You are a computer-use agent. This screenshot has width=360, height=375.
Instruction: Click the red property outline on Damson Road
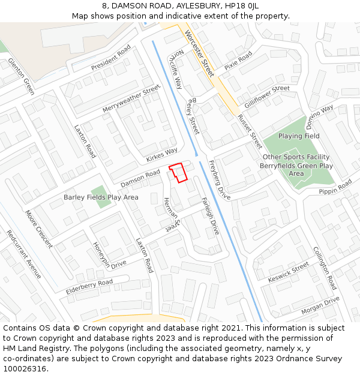click(x=178, y=172)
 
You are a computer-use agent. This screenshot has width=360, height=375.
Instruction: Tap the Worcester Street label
click(x=199, y=53)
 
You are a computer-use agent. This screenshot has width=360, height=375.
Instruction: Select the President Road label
click(x=111, y=61)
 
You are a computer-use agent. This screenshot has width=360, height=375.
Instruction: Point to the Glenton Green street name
click(x=22, y=76)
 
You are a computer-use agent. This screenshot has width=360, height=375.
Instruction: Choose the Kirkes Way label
click(x=161, y=155)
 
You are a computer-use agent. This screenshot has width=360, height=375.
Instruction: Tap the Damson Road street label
click(x=140, y=178)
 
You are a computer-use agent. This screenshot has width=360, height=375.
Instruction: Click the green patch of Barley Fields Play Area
click(x=101, y=196)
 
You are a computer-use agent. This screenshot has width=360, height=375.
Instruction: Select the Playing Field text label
click(x=299, y=136)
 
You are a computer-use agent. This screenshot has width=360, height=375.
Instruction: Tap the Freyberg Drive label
click(x=220, y=180)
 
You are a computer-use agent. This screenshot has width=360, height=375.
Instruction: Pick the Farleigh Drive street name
click(x=211, y=216)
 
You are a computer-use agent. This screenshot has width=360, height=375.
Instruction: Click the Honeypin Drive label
click(x=110, y=256)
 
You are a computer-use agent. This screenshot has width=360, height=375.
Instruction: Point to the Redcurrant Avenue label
click(x=24, y=254)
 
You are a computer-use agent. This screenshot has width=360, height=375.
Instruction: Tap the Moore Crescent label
click(x=39, y=229)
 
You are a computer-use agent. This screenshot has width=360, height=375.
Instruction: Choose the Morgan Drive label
click(x=320, y=305)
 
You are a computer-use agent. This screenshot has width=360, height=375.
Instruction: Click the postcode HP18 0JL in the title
click(x=238, y=5)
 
